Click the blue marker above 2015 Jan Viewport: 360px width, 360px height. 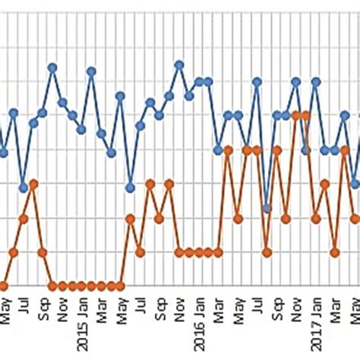(91, 71)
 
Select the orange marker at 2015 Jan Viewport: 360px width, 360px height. (91, 286)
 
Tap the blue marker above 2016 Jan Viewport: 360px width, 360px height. (199, 81)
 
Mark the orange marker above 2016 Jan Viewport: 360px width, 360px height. (199, 252)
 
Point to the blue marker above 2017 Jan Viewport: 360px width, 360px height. (315, 81)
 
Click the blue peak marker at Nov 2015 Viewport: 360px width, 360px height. (179, 65)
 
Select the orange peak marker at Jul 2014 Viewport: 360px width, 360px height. (33, 184)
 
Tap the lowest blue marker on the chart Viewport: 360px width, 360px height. (267, 208)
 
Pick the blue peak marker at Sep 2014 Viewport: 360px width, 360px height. (52, 67)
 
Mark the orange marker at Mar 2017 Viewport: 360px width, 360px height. (334, 251)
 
